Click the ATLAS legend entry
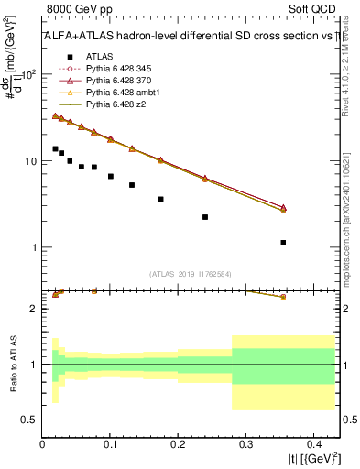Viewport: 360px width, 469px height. [x=100, y=56]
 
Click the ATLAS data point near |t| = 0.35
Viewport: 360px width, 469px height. [x=283, y=243]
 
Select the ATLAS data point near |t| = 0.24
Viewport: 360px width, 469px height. [x=205, y=217]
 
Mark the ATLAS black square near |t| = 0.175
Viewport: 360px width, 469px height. [x=160, y=199]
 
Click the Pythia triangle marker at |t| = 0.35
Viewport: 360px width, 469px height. [x=283, y=208]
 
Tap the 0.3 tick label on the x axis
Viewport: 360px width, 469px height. [x=245, y=444]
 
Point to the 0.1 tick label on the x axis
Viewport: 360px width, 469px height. [x=110, y=444]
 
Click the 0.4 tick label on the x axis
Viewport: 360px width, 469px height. [x=311, y=444]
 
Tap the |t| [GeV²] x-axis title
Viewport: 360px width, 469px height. [x=313, y=459]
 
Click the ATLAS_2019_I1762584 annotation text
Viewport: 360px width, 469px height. [x=191, y=273]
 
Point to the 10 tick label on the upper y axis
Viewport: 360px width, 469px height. [x=28, y=161]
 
